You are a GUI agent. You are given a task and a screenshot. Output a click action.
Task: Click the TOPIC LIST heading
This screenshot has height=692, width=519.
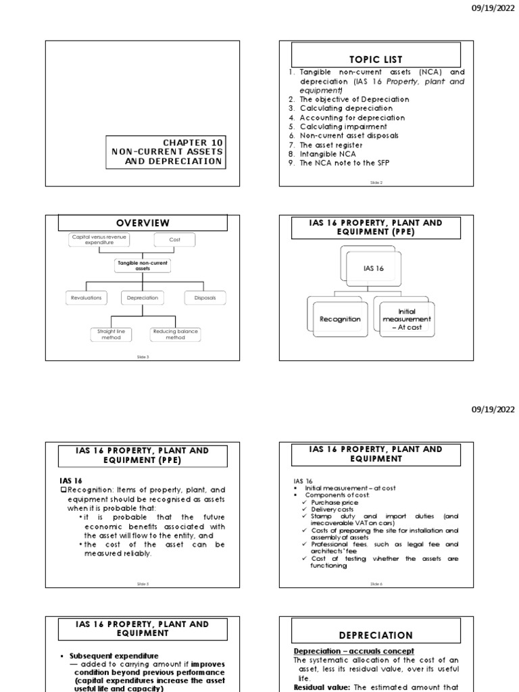(x=375, y=59)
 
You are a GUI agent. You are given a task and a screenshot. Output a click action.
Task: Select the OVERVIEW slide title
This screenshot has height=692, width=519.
(x=143, y=223)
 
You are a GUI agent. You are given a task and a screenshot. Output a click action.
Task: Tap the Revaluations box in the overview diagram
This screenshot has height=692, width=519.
(x=86, y=297)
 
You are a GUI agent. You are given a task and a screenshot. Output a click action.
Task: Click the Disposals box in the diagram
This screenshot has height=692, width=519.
(x=205, y=297)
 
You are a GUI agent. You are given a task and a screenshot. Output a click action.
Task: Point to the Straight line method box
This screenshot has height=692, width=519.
(x=111, y=334)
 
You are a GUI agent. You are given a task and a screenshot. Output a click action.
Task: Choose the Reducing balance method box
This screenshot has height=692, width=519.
(x=175, y=334)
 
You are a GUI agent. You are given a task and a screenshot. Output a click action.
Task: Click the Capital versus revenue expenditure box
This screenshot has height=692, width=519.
(x=99, y=239)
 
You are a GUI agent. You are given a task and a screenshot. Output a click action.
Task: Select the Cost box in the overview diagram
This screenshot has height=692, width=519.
(x=174, y=240)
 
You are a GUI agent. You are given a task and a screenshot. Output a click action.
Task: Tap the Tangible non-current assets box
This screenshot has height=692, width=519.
(x=142, y=266)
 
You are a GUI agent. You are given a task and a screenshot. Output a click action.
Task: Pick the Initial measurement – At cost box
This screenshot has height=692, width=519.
(x=406, y=319)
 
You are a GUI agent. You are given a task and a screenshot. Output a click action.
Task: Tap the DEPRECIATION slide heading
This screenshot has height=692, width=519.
(x=376, y=635)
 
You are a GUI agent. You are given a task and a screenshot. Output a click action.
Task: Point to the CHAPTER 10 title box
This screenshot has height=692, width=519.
(x=166, y=151)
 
